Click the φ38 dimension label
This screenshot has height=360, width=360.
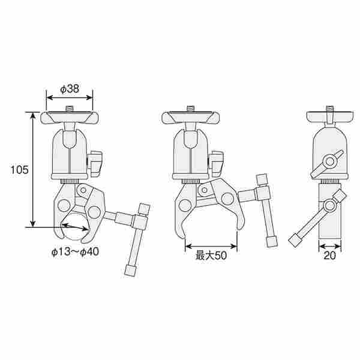[x=70, y=89]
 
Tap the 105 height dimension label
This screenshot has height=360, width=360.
[x=20, y=170]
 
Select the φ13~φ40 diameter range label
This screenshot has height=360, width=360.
[x=76, y=251]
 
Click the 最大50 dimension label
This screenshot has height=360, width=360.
[x=211, y=256]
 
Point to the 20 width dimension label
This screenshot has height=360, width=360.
[x=329, y=256]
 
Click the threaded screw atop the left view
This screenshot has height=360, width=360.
[x=69, y=108]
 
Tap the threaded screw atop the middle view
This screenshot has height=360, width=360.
[x=191, y=108]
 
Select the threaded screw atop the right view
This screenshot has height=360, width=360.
[x=329, y=109]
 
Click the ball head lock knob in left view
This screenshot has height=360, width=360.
[x=95, y=164]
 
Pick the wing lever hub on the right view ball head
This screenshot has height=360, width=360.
[x=329, y=161]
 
